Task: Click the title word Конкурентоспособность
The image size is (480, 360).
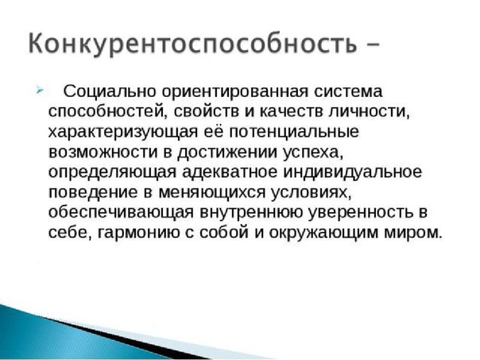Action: [192, 43]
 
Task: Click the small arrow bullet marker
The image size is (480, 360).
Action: [40, 91]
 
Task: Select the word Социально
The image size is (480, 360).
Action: [110, 91]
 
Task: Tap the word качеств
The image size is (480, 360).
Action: [292, 112]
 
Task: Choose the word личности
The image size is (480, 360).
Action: [369, 112]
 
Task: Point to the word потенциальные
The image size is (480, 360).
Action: [293, 132]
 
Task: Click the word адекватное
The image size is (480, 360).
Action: [230, 172]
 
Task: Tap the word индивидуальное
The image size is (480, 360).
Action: [352, 172]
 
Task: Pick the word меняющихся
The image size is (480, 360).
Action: [211, 192]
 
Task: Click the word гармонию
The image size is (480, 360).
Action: [138, 233]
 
